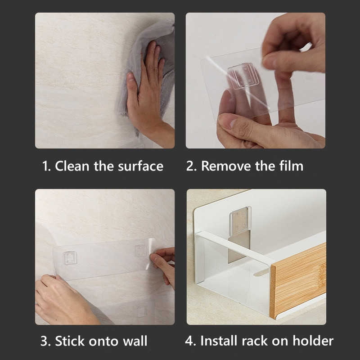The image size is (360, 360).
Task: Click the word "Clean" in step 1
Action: click(x=72, y=166)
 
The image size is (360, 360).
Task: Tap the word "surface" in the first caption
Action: click(x=140, y=166)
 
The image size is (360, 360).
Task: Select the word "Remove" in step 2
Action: click(x=226, y=166)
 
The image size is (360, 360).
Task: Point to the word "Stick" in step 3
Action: click(x=71, y=341)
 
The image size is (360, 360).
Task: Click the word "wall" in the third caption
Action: click(x=135, y=341)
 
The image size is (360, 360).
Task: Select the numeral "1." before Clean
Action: click(x=46, y=166)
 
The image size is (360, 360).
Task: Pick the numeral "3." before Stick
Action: click(x=45, y=341)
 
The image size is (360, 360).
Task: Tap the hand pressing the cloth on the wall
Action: click(x=147, y=92)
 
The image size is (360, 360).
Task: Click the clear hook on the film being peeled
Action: click(x=243, y=76)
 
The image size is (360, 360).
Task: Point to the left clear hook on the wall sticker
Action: click(x=70, y=258)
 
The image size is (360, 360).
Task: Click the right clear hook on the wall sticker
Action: click(x=140, y=251)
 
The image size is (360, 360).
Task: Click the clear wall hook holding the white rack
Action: click(x=240, y=221)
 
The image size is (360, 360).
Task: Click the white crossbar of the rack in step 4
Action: click(x=234, y=248)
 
